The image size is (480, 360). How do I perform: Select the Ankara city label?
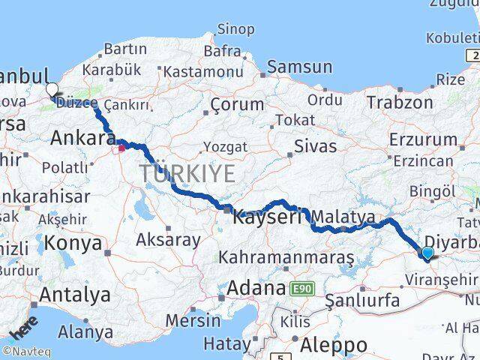82,139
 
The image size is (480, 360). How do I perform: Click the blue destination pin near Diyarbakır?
427,253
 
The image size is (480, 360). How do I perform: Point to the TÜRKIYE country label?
187,174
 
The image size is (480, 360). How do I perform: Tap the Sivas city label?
315,145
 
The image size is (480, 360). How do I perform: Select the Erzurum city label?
423,139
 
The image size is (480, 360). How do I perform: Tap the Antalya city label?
74,295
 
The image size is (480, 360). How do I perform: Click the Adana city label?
256,287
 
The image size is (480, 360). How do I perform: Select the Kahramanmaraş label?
286,257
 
